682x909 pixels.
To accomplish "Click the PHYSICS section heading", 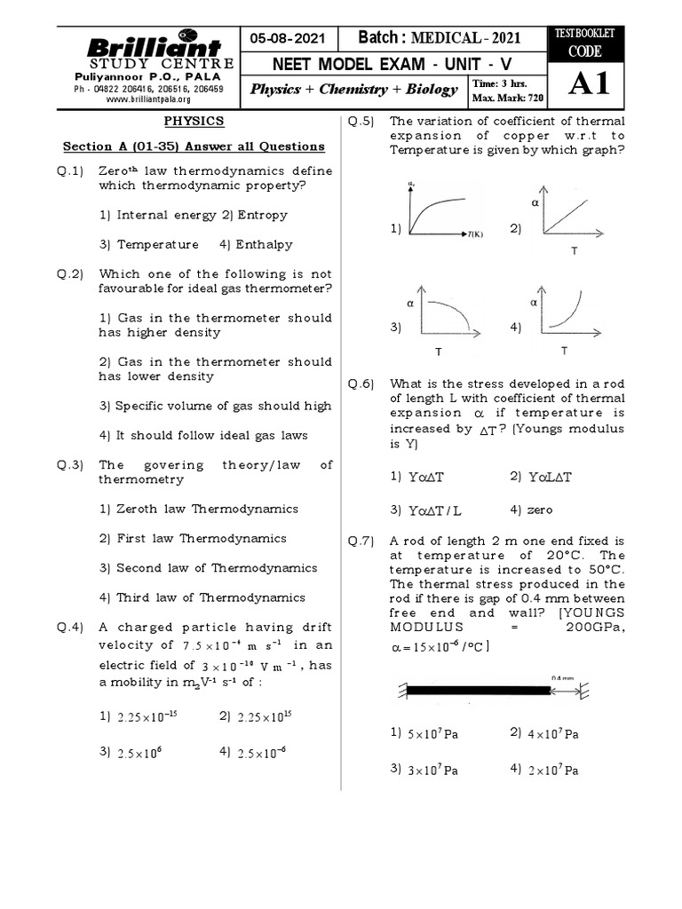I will pos(193,121).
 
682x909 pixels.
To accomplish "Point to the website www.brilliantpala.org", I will pos(148,100).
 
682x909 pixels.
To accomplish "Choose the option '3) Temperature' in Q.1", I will pos(148,244).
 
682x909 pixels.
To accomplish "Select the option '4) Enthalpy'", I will pos(255,244).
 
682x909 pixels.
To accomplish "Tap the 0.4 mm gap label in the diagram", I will pos(562,677).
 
